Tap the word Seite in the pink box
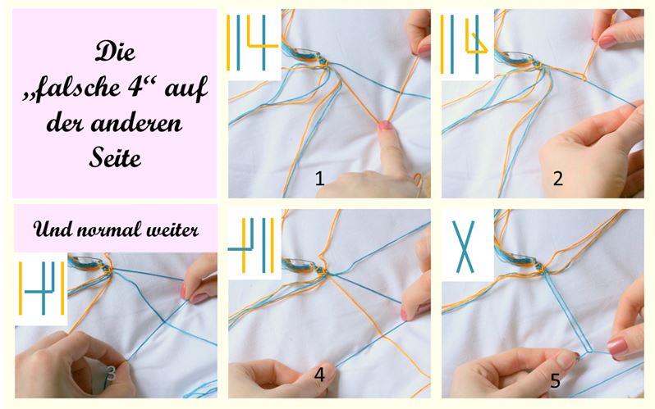115,157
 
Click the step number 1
319,179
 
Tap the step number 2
557,179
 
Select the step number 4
319,375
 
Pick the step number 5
555,380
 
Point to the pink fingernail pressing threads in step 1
385,125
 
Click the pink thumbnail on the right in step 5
617,347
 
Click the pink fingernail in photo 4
404,313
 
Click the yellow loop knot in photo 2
584,77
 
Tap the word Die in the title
115,52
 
